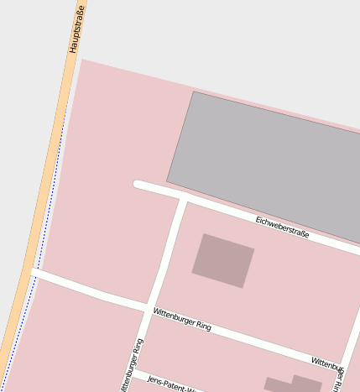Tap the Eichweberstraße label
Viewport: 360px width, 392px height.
[x=282, y=227]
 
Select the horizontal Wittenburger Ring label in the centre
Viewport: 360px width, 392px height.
[x=181, y=319]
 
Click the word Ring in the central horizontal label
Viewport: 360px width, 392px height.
[x=201, y=325]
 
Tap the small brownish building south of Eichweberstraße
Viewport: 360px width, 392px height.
[x=223, y=261]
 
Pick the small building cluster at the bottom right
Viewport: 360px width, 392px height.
[x=294, y=385]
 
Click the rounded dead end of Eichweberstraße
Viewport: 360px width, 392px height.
[x=138, y=185]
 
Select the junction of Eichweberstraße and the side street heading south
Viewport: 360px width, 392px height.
[x=182, y=199]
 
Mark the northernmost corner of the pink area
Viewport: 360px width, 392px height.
[x=81, y=59]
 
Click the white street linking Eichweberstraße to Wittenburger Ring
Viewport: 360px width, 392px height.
[x=166, y=252]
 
